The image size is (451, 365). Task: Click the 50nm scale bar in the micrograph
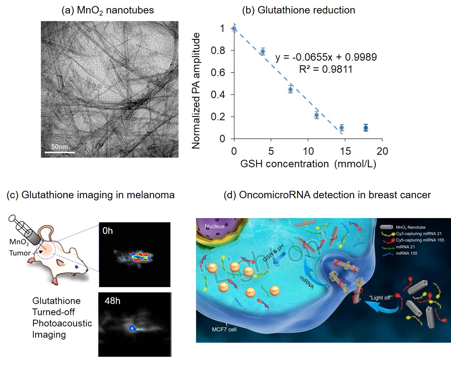coord(60,152)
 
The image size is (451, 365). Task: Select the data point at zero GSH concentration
coord(234,28)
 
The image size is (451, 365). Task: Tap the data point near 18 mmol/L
coord(366,128)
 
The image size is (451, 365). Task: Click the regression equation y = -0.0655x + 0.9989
coord(326,57)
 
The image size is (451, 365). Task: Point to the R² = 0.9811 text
coord(325,69)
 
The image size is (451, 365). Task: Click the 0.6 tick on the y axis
coord(218,73)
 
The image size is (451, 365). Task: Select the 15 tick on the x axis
coord(345,151)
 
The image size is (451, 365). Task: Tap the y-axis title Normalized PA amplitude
coord(196,91)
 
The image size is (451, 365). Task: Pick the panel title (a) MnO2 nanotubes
coord(107,10)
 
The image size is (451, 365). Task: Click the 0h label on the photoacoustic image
coord(107,231)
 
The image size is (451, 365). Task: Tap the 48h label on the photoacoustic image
coord(112,301)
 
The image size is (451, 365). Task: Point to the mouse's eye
coord(77,267)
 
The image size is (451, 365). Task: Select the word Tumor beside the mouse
coord(20,253)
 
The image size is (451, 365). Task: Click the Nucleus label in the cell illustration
coord(215,226)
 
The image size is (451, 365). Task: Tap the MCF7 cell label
coord(224,329)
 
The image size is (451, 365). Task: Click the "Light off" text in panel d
coord(380,297)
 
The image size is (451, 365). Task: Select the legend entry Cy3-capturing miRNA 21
coord(418,234)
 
